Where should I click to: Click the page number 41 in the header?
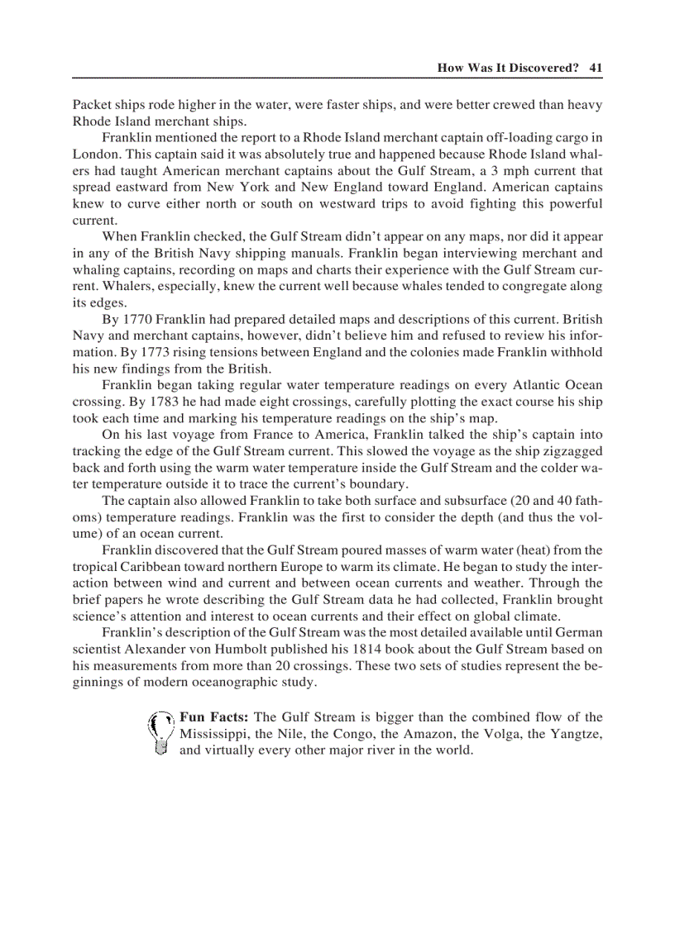(595, 68)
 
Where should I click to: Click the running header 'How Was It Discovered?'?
(507, 68)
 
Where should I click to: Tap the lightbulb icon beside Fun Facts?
(160, 733)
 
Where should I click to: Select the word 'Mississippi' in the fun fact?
(213, 734)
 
